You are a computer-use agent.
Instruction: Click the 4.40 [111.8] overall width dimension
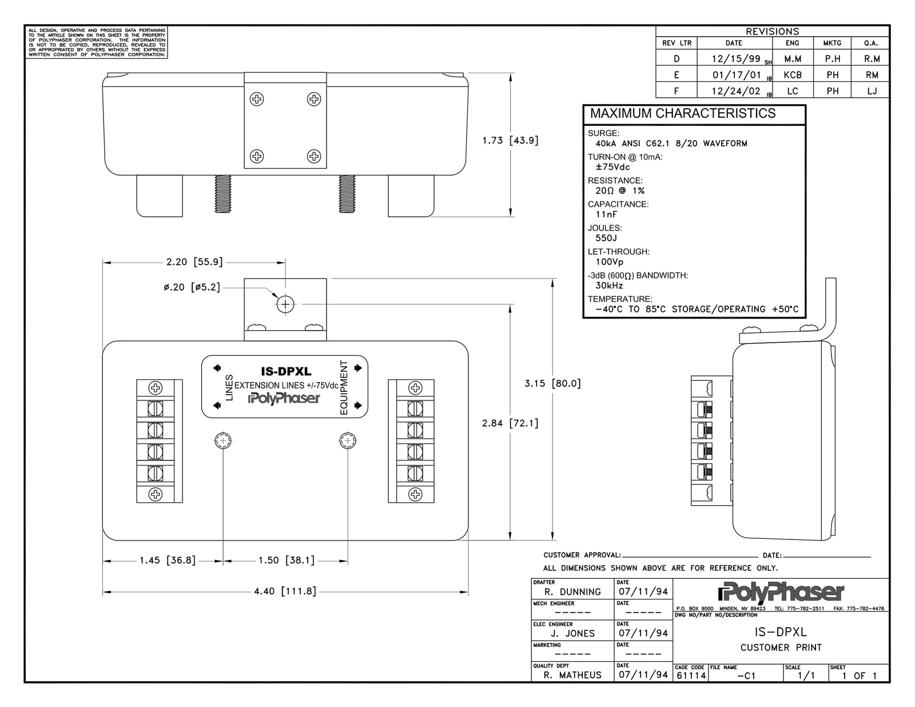pyautogui.click(x=285, y=591)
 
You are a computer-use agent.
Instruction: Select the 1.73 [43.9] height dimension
pyautogui.click(x=510, y=140)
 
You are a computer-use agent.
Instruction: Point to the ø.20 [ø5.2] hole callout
pyautogui.click(x=192, y=287)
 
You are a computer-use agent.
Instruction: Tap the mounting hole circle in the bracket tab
pyautogui.click(x=285, y=304)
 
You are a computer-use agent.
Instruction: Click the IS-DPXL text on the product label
pyautogui.click(x=286, y=371)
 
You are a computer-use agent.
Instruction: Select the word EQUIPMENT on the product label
pyautogui.click(x=344, y=387)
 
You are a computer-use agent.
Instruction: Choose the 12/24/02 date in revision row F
pyautogui.click(x=735, y=91)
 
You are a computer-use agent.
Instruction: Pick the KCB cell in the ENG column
pyautogui.click(x=792, y=75)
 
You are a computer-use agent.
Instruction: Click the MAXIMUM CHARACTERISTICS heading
pyautogui.click(x=683, y=113)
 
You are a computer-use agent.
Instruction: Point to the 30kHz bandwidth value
pyautogui.click(x=609, y=285)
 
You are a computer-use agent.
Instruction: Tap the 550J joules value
pyautogui.click(x=606, y=238)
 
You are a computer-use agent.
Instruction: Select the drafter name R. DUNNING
pyautogui.click(x=572, y=592)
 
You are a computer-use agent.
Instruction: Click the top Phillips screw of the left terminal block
pyautogui.click(x=156, y=388)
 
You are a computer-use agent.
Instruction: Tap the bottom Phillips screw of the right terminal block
pyautogui.click(x=415, y=494)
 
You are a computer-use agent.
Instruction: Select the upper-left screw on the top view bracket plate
pyautogui.click(x=257, y=99)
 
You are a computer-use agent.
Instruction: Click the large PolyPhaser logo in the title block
pyautogui.click(x=781, y=592)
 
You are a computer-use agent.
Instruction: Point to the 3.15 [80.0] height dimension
pyautogui.click(x=552, y=383)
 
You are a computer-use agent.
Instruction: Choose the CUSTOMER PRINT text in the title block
pyautogui.click(x=781, y=648)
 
